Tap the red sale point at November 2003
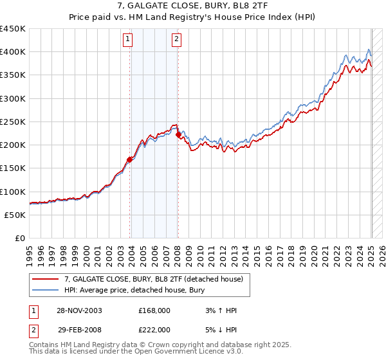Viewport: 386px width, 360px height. (130, 159)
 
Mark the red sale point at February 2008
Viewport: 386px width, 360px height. (178, 134)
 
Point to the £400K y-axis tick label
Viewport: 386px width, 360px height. (13, 51)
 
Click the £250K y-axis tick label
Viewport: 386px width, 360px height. (13, 122)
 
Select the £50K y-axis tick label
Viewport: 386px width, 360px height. (15, 215)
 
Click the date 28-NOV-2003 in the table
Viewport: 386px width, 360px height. (78, 310)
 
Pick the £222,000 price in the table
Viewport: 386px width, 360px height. (154, 328)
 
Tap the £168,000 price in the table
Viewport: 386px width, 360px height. (154, 310)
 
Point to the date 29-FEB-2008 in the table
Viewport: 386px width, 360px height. (78, 328)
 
